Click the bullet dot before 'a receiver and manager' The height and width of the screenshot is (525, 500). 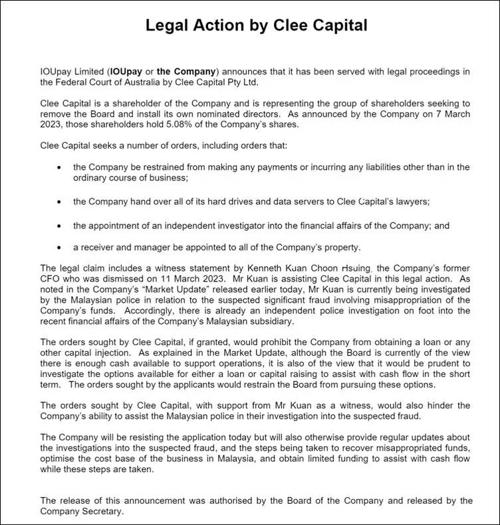click(60, 247)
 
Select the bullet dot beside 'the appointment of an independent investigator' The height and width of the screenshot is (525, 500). click(60, 226)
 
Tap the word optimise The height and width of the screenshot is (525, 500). click(61, 459)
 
